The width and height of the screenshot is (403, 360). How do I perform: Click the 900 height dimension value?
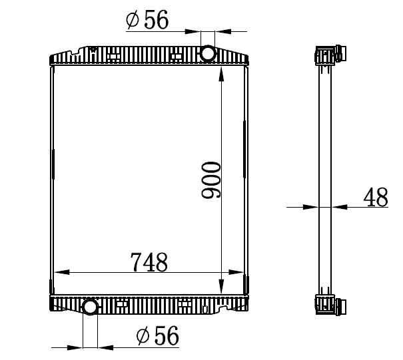pos(211,180)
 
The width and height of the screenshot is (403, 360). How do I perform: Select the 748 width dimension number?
pos(149,262)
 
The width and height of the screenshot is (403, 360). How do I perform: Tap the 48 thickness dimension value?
pos(376,197)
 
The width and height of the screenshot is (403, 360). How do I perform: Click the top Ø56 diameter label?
pos(147,19)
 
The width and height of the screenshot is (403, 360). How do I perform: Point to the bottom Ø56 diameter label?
pos(158,335)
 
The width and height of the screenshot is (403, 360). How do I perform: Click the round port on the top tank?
pos(207,53)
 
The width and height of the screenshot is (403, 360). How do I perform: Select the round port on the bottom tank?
pos(90,307)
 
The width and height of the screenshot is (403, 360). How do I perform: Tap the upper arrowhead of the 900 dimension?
pos(221,74)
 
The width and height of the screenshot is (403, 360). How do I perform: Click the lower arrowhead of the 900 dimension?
pos(221,286)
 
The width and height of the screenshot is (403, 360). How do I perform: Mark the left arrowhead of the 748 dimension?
pos(62,272)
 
